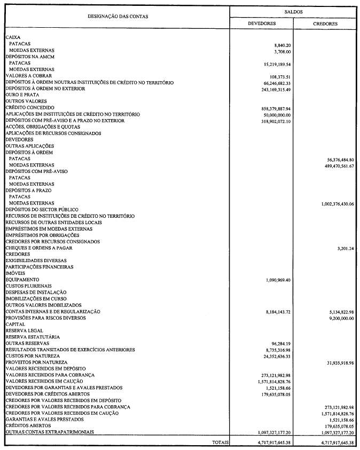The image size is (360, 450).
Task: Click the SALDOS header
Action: point(293,11)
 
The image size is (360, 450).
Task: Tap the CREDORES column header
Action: point(325,24)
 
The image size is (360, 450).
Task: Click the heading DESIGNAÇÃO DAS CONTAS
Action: point(118,17)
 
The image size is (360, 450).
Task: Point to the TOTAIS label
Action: point(221,443)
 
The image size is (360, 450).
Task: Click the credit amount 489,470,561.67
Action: point(334,165)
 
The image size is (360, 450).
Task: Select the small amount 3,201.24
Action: point(343,248)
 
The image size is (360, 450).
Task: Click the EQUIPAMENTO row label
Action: point(22,280)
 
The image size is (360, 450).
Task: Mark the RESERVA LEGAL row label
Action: point(25,330)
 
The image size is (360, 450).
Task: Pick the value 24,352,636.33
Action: point(273,356)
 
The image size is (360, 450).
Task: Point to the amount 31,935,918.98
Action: point(335,362)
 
